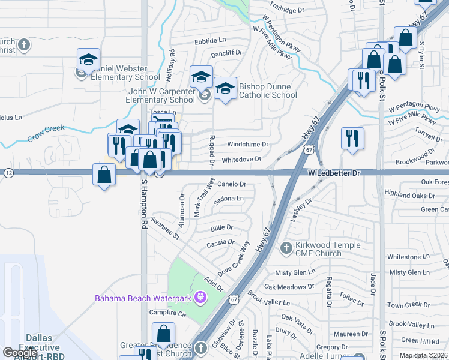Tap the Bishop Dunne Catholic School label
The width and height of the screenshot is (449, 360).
268,91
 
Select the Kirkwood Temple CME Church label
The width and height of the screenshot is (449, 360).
328,249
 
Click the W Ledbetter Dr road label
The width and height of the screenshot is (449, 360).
334,173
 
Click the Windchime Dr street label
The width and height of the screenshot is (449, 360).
247,145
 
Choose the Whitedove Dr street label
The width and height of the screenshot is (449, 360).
241,159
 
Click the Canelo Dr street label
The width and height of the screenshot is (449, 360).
232,184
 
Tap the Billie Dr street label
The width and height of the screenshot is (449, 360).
221,228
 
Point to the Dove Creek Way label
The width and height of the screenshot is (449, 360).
234,259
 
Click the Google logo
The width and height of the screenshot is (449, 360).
20,353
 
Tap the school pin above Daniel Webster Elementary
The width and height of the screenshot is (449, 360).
88,60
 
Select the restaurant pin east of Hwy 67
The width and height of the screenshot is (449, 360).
352,137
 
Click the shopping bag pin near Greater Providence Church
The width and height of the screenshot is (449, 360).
163,334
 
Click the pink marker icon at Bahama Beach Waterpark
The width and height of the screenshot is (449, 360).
200,297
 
